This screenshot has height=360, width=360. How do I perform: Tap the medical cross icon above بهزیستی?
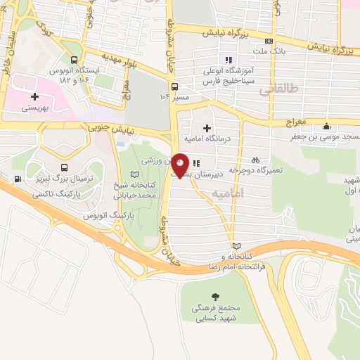[x=34, y=96]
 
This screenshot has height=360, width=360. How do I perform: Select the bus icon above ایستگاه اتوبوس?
[x=72, y=60]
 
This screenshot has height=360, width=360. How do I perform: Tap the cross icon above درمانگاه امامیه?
[x=206, y=128]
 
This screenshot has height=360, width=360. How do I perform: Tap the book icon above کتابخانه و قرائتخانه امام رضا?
[x=236, y=245]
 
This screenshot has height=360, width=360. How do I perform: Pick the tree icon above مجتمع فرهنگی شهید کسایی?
[x=214, y=295]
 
